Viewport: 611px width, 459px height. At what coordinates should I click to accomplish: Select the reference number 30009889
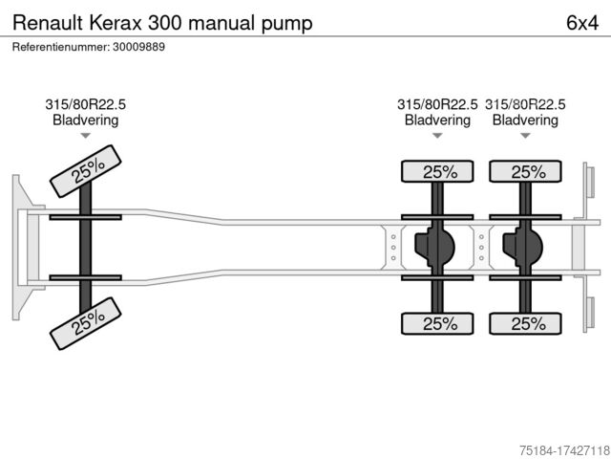tap(138, 47)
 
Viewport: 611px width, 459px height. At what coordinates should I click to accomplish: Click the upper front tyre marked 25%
tap(86, 170)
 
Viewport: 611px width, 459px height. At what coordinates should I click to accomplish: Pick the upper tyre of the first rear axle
tap(438, 172)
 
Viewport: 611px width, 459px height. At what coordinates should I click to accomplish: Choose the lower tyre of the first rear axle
tap(438, 323)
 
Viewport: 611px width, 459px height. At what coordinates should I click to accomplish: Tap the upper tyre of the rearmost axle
tap(526, 172)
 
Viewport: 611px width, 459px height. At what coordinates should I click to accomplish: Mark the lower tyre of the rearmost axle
tap(526, 323)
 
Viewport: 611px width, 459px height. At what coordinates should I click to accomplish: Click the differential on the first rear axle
tap(434, 247)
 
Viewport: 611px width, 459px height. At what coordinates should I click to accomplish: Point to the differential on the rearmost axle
tap(522, 247)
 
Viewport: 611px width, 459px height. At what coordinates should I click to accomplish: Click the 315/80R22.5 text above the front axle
tap(85, 104)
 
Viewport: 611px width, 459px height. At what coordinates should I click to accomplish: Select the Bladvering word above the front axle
tap(85, 120)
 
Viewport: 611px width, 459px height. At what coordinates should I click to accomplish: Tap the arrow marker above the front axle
tap(85, 136)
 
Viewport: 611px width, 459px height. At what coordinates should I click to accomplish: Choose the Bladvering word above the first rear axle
tap(438, 120)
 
